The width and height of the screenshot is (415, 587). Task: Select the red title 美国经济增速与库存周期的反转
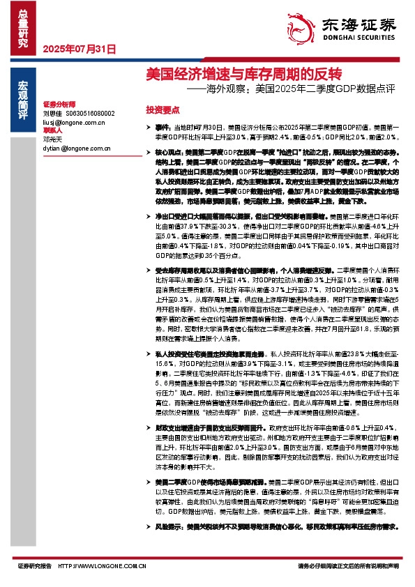click(242, 74)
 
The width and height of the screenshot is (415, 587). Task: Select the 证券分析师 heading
click(59, 103)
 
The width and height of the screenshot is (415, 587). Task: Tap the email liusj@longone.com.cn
click(73, 121)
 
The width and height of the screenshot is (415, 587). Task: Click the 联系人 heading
click(53, 130)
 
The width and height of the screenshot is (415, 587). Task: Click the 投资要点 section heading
click(162, 110)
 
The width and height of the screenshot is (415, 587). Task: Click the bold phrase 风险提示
click(167, 528)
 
